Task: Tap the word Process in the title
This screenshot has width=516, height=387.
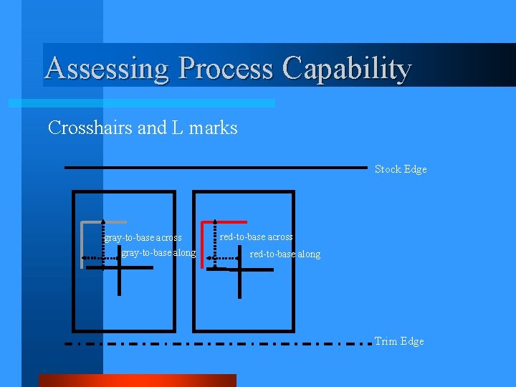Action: (225, 69)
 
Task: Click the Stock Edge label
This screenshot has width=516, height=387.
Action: (401, 169)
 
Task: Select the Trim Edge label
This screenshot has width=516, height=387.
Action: (399, 341)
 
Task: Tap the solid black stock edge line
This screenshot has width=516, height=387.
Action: (215, 167)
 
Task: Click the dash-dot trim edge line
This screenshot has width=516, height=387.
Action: (215, 344)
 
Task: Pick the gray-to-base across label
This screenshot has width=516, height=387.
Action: (143, 237)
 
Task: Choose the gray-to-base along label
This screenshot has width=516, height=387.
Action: (158, 252)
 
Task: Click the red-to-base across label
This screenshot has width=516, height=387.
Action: (256, 236)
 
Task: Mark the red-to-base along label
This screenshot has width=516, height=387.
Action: (285, 254)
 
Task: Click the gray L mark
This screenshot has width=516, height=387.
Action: (84, 244)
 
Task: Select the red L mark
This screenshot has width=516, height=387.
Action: (204, 244)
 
